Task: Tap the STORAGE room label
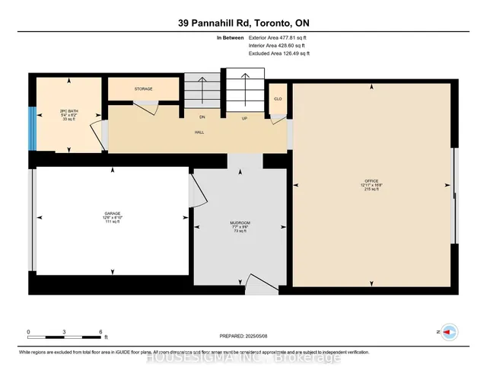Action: click(x=144, y=89)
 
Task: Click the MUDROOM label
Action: click(x=240, y=222)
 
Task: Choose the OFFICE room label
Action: click(x=373, y=181)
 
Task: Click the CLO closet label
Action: click(x=278, y=99)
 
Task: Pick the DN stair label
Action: click(x=202, y=118)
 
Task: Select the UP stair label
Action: click(x=244, y=118)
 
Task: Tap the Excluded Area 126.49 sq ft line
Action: click(x=279, y=53)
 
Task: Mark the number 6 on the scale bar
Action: click(x=101, y=332)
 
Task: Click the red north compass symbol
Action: click(x=450, y=333)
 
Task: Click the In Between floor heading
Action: click(x=231, y=37)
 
